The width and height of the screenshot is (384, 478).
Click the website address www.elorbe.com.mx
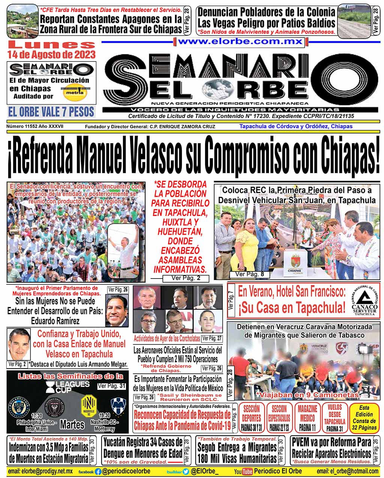point(240,42)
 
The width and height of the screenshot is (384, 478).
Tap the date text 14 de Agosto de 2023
point(51,55)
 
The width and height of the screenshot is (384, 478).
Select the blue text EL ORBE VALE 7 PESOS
point(51,111)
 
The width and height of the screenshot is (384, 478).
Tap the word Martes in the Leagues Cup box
point(72,424)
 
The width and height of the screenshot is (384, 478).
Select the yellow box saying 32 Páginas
point(364,417)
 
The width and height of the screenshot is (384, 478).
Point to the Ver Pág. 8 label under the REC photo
point(249,274)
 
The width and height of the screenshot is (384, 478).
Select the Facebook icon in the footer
point(98,471)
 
